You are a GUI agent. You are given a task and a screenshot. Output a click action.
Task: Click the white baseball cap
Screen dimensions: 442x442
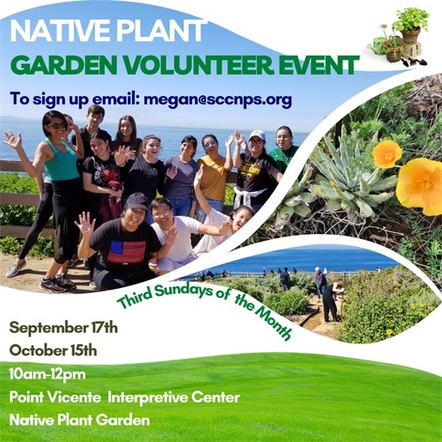257,135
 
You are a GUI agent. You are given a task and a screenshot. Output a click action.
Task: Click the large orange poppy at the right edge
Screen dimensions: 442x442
420,184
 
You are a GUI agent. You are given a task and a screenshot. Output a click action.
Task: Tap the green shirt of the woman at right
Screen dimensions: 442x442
285,156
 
